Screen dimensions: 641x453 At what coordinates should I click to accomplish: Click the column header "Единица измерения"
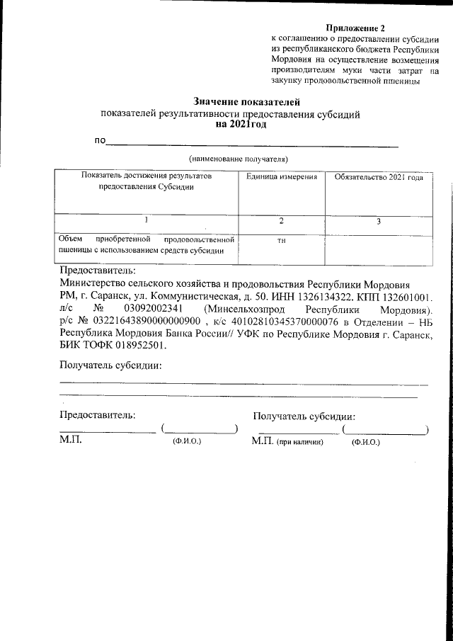point(281,176)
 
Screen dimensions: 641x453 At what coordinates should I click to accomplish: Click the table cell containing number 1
point(147,221)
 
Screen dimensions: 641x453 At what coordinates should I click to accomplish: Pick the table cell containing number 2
point(281,222)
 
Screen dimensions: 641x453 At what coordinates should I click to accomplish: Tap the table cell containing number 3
point(378,222)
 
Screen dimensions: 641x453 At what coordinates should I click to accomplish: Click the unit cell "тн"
point(281,241)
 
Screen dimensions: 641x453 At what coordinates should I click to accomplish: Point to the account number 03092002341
point(154,309)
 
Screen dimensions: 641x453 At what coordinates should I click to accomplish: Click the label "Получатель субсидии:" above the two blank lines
point(110,366)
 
